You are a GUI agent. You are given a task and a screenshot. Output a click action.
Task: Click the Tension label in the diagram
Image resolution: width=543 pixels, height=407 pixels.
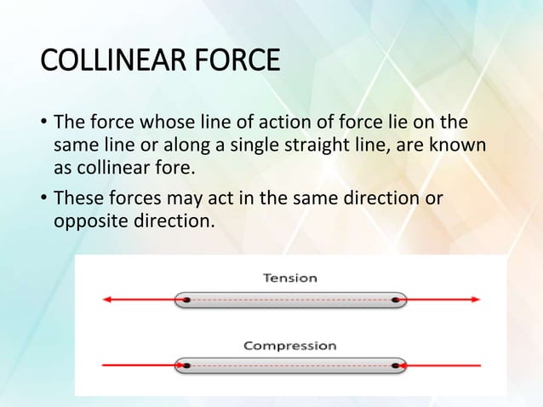click(x=290, y=278)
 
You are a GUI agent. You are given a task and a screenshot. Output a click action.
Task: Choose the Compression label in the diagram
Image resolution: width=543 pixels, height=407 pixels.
click(x=289, y=346)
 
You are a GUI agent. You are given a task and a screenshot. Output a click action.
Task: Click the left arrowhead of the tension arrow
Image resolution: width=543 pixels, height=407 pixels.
click(x=107, y=300)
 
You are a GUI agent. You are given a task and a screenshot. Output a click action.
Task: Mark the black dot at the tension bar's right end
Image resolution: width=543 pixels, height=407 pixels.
click(x=396, y=300)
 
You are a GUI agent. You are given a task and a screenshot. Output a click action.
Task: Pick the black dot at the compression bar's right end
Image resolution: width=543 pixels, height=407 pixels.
click(x=396, y=365)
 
